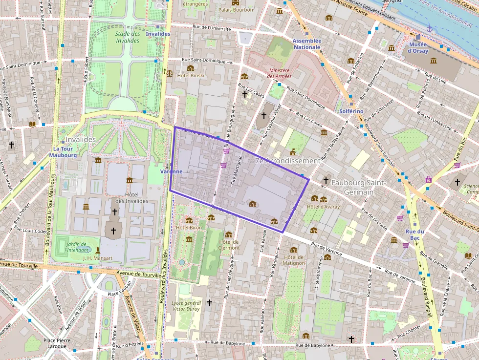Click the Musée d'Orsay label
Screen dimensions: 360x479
pyautogui.click(x=418, y=47)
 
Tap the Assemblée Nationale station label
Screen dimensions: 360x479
pyautogui.click(x=306, y=44)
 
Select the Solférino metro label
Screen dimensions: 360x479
pyautogui.click(x=351, y=111)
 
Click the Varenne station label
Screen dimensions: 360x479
pyautogui.click(x=172, y=171)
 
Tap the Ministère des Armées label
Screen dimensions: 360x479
pyautogui.click(x=280, y=73)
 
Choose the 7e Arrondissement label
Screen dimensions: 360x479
pyautogui.click(x=287, y=160)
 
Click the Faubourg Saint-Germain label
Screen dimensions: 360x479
pyautogui.click(x=359, y=187)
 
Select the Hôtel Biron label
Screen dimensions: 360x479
pyautogui.click(x=189, y=228)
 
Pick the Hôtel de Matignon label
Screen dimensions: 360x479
pyautogui.click(x=294, y=260)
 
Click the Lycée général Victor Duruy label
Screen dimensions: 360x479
pyautogui.click(x=186, y=306)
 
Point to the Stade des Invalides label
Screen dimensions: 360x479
pyautogui.click(x=128, y=37)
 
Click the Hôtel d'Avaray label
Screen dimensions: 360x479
pyautogui.click(x=323, y=207)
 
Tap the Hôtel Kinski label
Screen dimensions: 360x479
pyautogui.click(x=190, y=75)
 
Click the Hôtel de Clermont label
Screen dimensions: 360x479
pyautogui.click(x=229, y=245)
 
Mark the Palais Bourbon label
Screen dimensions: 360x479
pyautogui.click(x=236, y=10)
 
